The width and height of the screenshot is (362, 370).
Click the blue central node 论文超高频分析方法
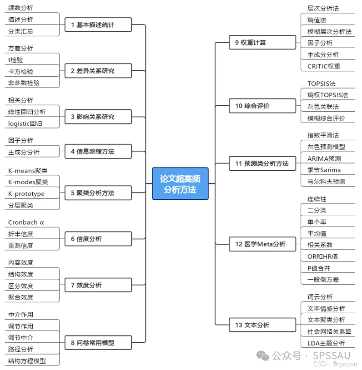coord(180,183)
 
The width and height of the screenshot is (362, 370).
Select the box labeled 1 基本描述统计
coord(98,25)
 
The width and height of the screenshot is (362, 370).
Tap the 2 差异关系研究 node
coord(98,71)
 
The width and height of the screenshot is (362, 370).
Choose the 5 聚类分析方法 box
coord(98,193)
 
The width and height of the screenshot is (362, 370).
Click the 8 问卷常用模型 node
coord(98,342)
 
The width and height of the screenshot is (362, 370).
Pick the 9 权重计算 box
coord(262,43)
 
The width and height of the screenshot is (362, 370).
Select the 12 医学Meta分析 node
coord(262,244)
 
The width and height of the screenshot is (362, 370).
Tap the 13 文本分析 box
coord(262,325)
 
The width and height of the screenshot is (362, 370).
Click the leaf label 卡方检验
coord(20,71)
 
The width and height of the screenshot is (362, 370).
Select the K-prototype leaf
coord(26,194)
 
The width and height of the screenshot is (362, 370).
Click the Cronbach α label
coord(26,222)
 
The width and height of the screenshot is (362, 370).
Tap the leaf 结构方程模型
coord(27,361)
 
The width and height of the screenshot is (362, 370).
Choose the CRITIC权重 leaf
coord(324,66)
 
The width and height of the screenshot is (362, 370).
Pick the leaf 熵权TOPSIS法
coord(327,95)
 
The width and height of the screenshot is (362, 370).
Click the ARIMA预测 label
coord(324,158)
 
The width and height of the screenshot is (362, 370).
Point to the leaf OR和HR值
coord(322,257)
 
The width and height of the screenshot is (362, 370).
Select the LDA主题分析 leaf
coord(326,343)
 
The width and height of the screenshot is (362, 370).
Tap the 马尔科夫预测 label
coord(326,182)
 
